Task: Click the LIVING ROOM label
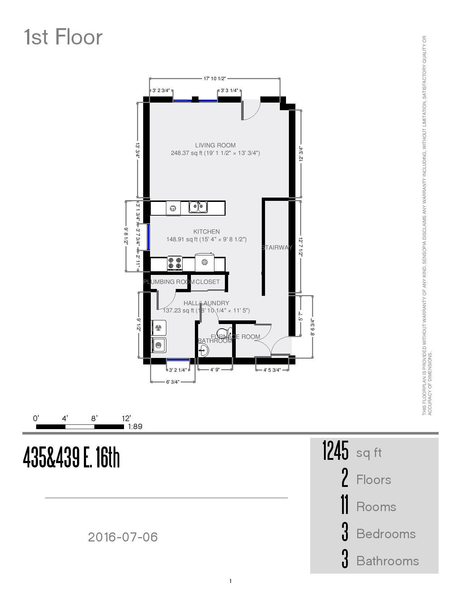(x=215, y=145)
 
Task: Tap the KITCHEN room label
(x=206, y=232)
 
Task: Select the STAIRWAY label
(x=277, y=247)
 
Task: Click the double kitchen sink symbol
(x=198, y=207)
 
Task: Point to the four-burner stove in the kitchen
(x=175, y=263)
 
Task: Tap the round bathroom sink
(x=204, y=350)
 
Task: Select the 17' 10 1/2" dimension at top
(x=215, y=78)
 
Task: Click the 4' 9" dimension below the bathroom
(x=215, y=370)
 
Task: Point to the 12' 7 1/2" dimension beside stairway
(x=300, y=247)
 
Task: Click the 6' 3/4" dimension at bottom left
(x=172, y=382)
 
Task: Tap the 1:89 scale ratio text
(x=135, y=426)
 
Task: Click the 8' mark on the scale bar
(x=94, y=419)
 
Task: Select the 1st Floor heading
(x=63, y=37)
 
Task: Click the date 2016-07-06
(x=123, y=537)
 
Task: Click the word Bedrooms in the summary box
(x=386, y=534)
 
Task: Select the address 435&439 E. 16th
(x=71, y=457)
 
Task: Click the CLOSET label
(x=208, y=282)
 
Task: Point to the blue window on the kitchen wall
(x=148, y=237)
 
